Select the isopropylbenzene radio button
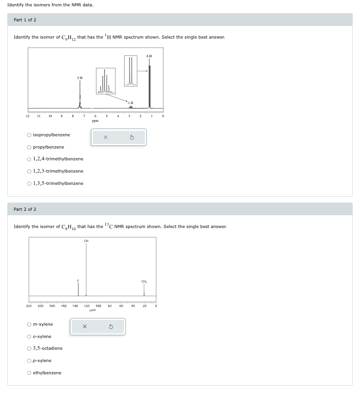pyautogui.click(x=29, y=135)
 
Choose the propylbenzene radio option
pyautogui.click(x=29, y=147)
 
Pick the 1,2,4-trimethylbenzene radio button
pyautogui.click(x=29, y=159)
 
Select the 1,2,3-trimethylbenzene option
pyautogui.click(x=29, y=171)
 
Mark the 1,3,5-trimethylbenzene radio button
pyautogui.click(x=29, y=184)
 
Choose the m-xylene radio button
pyautogui.click(x=29, y=324)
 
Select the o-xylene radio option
pyautogui.click(x=29, y=337)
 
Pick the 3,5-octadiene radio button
pyautogui.click(x=29, y=348)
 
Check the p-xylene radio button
pyautogui.click(x=29, y=361)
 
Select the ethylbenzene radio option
pyautogui.click(x=29, y=373)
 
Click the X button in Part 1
pyautogui.click(x=105, y=137)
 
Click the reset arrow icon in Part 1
pyautogui.click(x=132, y=137)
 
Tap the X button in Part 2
pyautogui.click(x=85, y=327)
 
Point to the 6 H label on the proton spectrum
pyautogui.click(x=149, y=56)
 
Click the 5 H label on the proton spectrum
pyautogui.click(x=80, y=78)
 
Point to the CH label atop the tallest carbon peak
pyautogui.click(x=86, y=241)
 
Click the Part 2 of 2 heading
pyautogui.click(x=25, y=209)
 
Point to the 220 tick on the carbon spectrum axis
pyautogui.click(x=29, y=306)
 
